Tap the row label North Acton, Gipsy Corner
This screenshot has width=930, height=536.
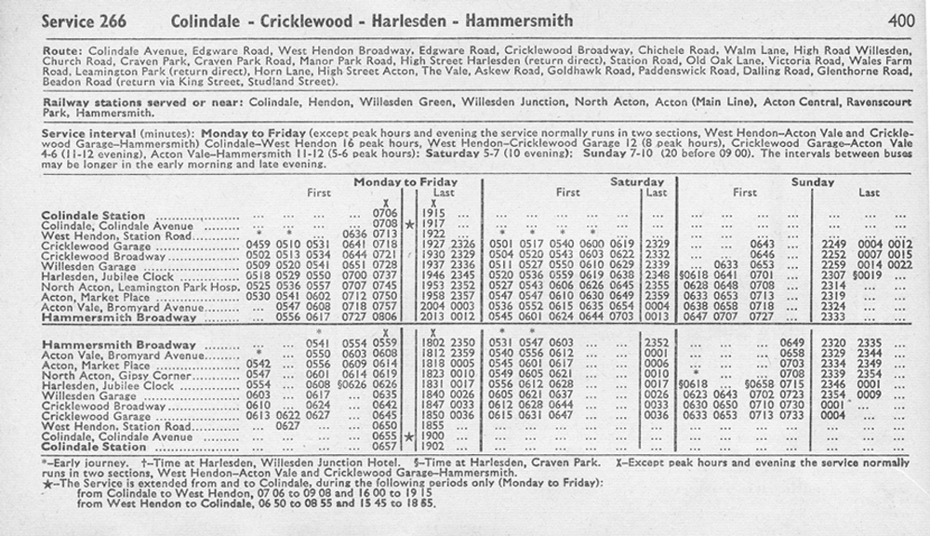[x=116, y=374]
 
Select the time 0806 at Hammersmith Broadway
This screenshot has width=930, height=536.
[x=384, y=317]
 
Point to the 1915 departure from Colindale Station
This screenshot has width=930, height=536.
[x=433, y=214]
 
